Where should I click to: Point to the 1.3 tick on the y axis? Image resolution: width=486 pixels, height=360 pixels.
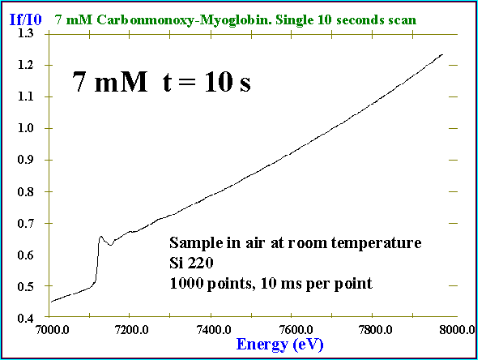click(36, 33)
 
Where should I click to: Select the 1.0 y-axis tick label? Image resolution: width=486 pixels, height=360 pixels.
click(36, 128)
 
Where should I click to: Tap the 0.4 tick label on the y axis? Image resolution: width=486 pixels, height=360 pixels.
click(36, 319)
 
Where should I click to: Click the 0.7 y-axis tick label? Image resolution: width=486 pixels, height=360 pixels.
click(36, 223)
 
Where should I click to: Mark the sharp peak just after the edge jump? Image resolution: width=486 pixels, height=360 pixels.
click(100, 237)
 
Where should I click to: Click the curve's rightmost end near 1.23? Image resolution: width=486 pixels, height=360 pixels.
click(443, 54)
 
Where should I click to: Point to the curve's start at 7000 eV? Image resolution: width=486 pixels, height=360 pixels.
click(51, 302)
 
